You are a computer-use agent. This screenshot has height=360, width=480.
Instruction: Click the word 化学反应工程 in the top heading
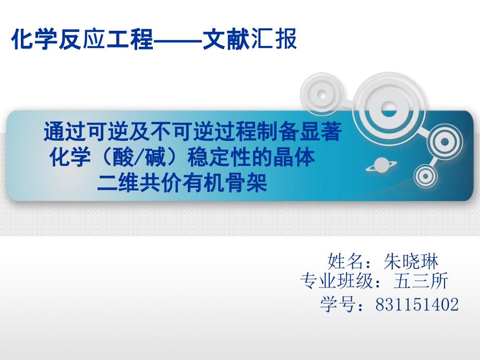click(82, 39)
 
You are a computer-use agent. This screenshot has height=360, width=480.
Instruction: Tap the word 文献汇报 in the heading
click(250, 39)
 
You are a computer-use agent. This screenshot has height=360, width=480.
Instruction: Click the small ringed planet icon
click(381, 165)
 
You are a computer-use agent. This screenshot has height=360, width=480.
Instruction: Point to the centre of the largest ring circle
click(388, 110)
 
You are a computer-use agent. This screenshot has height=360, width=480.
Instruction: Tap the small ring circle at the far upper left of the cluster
click(322, 94)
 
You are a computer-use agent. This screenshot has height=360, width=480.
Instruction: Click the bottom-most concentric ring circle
click(425, 176)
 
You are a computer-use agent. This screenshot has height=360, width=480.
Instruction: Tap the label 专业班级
click(337, 281)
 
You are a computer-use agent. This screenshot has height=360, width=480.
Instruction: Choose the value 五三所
click(421, 281)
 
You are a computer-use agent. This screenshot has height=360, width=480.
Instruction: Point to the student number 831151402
click(417, 304)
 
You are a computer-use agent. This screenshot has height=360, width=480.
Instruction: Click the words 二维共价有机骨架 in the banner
click(182, 183)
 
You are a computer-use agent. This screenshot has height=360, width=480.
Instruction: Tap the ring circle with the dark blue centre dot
click(445, 142)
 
